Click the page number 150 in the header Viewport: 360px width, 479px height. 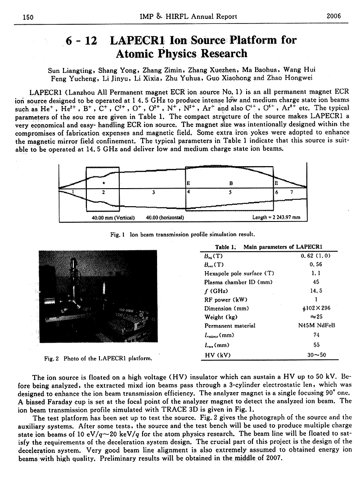click(x=29, y=17)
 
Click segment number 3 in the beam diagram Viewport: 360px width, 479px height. click(x=154, y=192)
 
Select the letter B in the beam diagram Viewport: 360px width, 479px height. click(x=231, y=183)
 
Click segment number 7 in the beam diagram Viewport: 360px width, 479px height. click(x=292, y=192)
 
